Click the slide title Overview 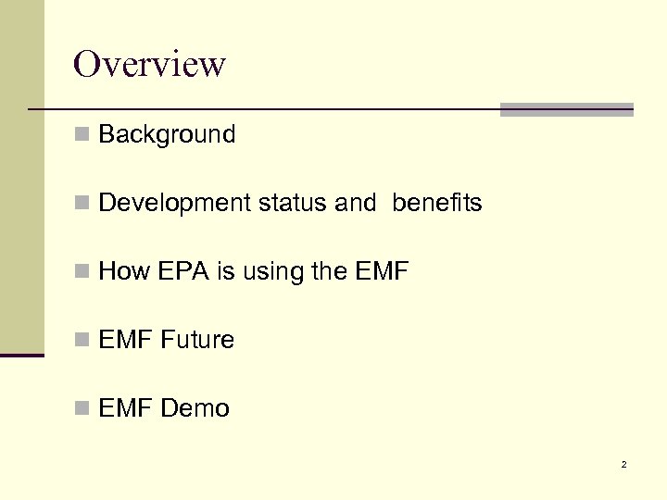(x=149, y=65)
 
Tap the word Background (x=167, y=134)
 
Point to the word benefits (x=436, y=203)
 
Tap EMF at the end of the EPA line (x=381, y=271)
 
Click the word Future (x=197, y=340)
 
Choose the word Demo (x=195, y=408)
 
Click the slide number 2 (x=623, y=464)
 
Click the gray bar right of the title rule (x=566, y=109)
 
